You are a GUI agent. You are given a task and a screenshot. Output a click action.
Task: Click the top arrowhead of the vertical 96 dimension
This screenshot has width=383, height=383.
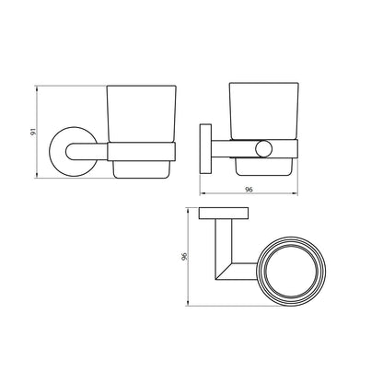click(x=191, y=210)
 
